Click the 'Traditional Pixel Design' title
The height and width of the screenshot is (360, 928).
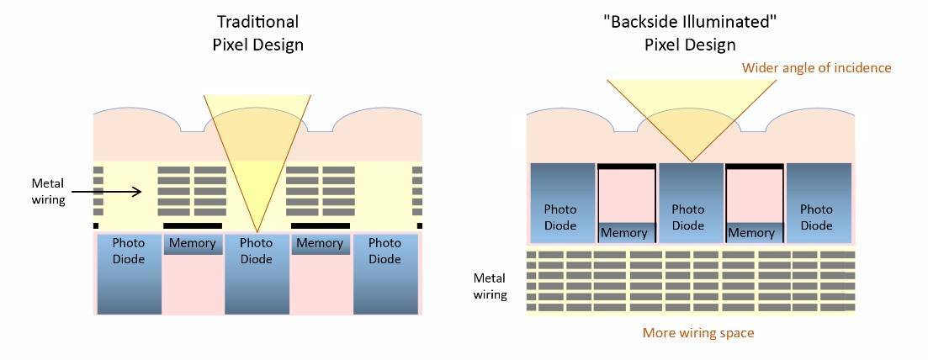[257, 33]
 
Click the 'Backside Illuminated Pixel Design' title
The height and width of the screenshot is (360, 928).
[690, 33]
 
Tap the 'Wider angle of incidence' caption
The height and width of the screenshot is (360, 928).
[816, 67]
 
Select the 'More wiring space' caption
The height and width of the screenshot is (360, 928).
[698, 333]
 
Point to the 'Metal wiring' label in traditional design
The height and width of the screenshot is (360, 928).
[48, 191]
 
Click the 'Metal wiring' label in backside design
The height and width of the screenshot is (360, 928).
[490, 286]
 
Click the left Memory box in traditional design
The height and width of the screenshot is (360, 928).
[193, 244]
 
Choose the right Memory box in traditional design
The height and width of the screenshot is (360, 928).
[320, 244]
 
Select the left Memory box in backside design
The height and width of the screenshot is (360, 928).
[625, 232]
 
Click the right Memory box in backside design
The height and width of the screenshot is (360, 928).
[753, 232]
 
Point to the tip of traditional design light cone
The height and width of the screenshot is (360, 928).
[257, 231]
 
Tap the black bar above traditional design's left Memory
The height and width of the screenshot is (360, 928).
[193, 226]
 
